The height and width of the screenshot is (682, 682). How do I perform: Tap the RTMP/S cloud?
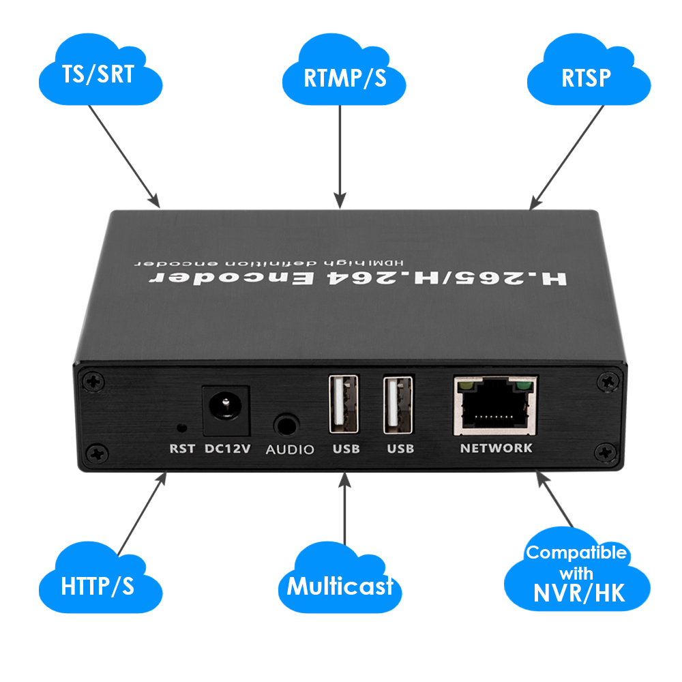[x=344, y=76]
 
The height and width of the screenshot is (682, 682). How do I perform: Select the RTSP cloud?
[x=586, y=76]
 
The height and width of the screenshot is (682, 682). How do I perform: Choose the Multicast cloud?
[x=340, y=585]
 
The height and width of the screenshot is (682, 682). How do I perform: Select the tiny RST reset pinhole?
[x=181, y=428]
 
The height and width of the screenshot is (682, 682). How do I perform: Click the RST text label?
[x=182, y=449]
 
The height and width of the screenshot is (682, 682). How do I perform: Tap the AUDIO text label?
[x=290, y=449]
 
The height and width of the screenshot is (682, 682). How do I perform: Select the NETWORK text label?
[x=496, y=448]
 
